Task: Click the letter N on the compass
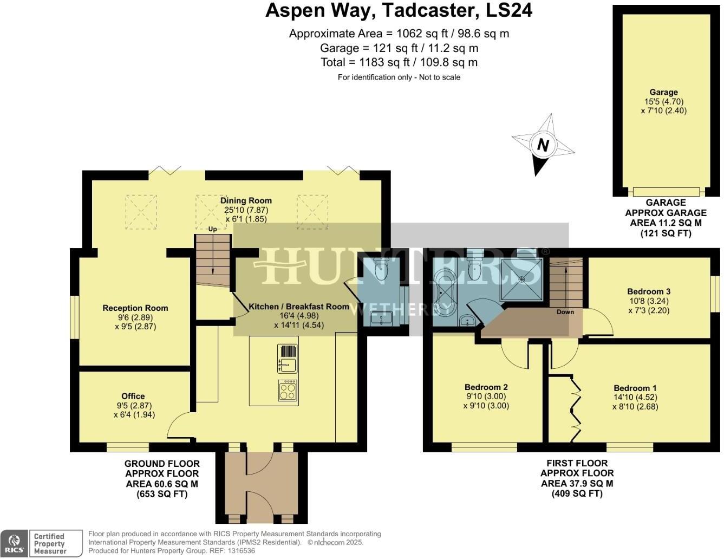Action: point(543,145)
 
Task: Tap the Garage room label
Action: point(663,92)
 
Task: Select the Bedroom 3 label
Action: point(649,291)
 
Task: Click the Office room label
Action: point(133,396)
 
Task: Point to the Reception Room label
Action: point(135,308)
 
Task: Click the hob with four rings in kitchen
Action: point(288,390)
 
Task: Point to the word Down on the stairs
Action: point(565,312)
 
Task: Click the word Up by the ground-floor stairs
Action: point(212,229)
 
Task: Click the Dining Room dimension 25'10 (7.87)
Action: point(246,210)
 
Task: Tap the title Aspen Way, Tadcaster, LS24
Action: point(399,10)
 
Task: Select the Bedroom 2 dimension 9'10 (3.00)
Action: point(486,396)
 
